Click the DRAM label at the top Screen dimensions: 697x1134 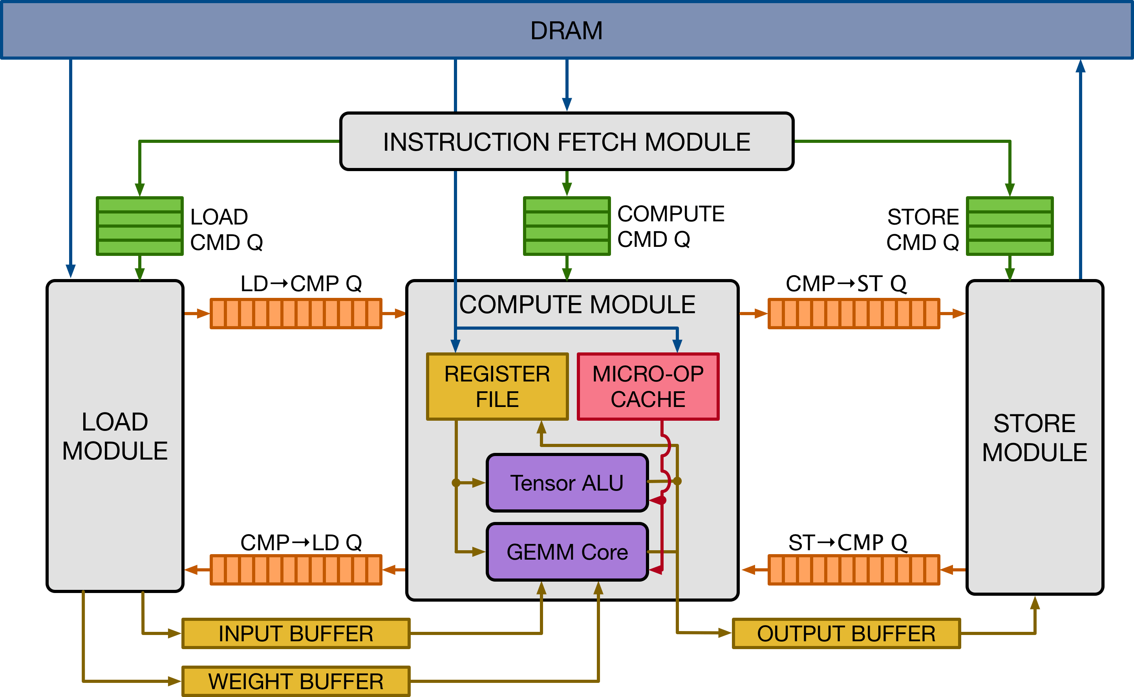(566, 31)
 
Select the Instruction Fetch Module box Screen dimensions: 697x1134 (566, 142)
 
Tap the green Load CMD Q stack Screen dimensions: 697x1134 (139, 226)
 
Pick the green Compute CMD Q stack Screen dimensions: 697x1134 (566, 226)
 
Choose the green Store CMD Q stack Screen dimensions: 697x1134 (1010, 226)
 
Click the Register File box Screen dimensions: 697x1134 (497, 386)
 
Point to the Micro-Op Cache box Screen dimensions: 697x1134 (648, 386)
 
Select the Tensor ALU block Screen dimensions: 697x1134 (567, 483)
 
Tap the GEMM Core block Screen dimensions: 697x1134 (567, 552)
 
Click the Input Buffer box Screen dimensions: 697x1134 (296, 633)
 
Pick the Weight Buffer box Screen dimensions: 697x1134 (296, 681)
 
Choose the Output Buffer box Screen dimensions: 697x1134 (846, 633)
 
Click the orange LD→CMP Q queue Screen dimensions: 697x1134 (296, 314)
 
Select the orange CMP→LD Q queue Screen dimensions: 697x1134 (296, 570)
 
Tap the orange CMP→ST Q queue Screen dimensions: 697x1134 (853, 314)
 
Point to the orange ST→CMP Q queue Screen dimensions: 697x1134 (853, 570)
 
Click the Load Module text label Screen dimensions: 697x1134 (115, 436)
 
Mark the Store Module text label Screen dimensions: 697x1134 (1034, 438)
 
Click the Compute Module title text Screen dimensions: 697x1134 (577, 305)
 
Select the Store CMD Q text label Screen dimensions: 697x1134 (922, 230)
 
